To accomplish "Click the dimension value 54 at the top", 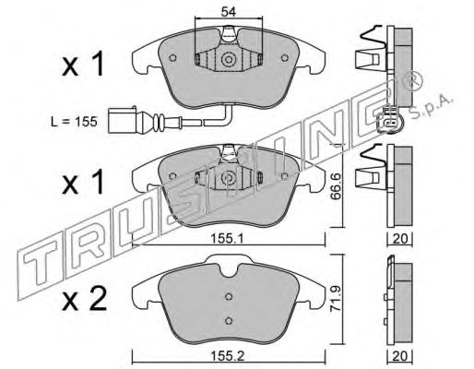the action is (229, 12).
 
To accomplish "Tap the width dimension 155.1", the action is (227, 238).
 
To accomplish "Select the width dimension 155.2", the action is (227, 356).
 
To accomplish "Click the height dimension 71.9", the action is (336, 299).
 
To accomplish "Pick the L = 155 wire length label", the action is (74, 122).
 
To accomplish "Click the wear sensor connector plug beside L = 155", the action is (122, 120).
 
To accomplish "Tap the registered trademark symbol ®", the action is (414, 81).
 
